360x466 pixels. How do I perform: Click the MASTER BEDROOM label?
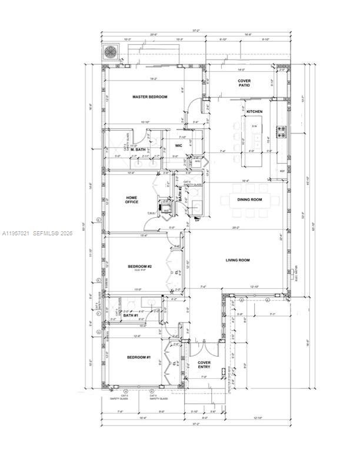[149, 97]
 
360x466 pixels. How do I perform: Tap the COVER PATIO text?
[244, 83]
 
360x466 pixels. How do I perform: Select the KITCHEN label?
[254, 111]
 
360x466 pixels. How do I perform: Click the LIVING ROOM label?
[238, 259]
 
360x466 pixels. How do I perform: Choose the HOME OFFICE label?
[131, 199]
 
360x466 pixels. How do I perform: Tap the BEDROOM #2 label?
[140, 267]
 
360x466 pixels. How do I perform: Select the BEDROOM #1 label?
[139, 358]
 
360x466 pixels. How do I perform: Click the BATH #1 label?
[130, 316]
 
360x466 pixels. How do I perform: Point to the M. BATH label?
[138, 149]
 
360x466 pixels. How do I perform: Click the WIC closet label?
[178, 145]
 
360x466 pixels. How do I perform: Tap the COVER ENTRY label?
[204, 365]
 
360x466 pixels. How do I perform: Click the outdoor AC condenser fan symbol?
[111, 52]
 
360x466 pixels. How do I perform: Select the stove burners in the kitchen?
[281, 132]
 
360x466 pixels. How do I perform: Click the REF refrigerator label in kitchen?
[282, 171]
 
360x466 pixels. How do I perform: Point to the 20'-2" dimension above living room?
[235, 228]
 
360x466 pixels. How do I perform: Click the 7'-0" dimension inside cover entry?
[204, 377]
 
